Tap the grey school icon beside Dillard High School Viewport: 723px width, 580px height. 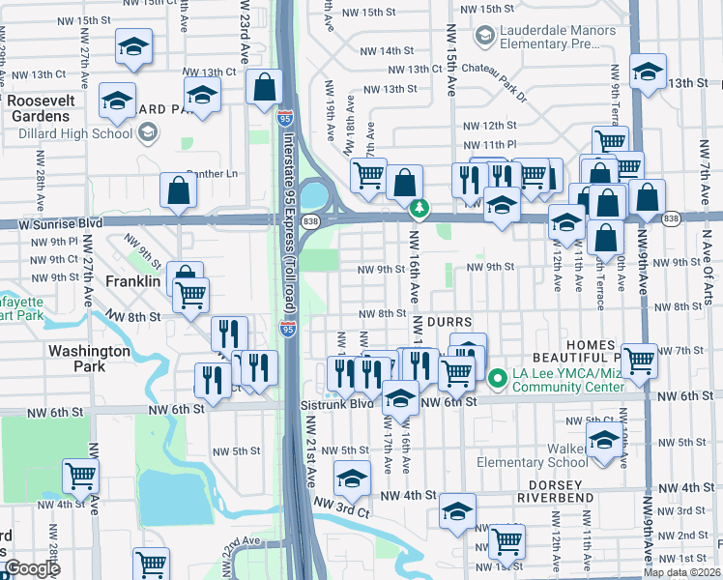click(147, 132)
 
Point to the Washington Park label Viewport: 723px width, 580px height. click(89, 360)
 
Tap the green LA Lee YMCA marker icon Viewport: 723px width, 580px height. click(499, 378)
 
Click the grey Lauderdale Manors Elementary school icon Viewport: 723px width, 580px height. click(485, 37)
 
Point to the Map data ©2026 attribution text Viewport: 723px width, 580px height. click(682, 572)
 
